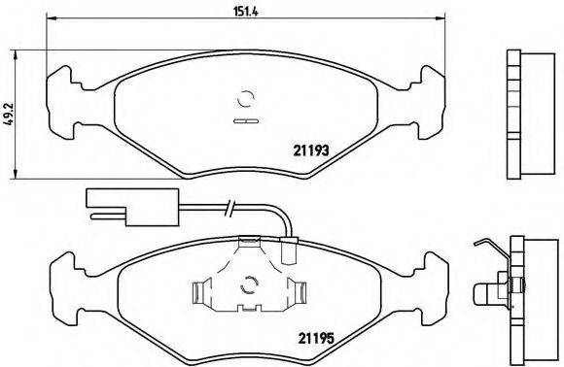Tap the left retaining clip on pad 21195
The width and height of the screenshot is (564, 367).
pyautogui.click(x=202, y=290)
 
